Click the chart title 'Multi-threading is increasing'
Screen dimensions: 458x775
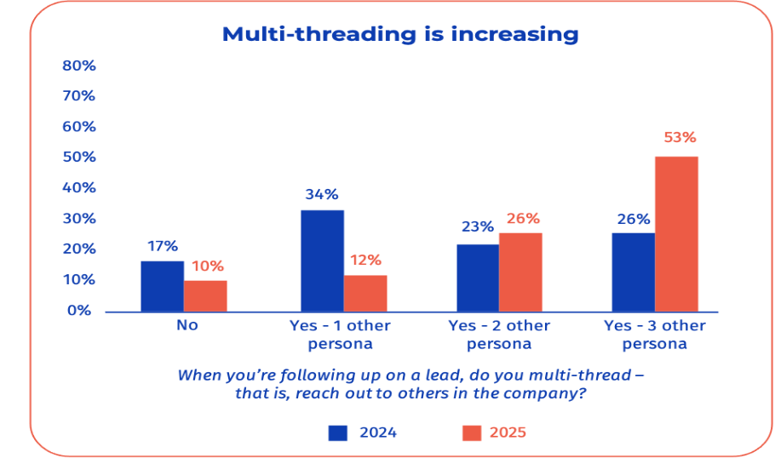[x=399, y=34]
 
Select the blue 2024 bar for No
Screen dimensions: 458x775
[x=162, y=286]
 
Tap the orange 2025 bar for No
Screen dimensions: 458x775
[x=205, y=295]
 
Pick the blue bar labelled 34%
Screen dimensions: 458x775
[x=322, y=260]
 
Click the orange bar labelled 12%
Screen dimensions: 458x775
[x=365, y=293]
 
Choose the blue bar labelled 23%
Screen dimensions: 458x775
[x=478, y=278]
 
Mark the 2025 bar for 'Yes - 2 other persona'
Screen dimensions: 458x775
[x=520, y=272]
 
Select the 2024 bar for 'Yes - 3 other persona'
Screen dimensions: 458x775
[x=634, y=272]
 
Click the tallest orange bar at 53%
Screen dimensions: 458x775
[x=676, y=233]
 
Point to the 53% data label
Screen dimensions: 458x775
[x=680, y=137]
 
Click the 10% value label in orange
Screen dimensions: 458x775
[x=205, y=266]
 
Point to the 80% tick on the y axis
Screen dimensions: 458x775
[x=79, y=66]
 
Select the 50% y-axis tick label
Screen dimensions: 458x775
[x=79, y=157]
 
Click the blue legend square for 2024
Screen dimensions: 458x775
[x=338, y=432]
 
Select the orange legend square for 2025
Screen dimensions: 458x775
[x=471, y=432]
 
